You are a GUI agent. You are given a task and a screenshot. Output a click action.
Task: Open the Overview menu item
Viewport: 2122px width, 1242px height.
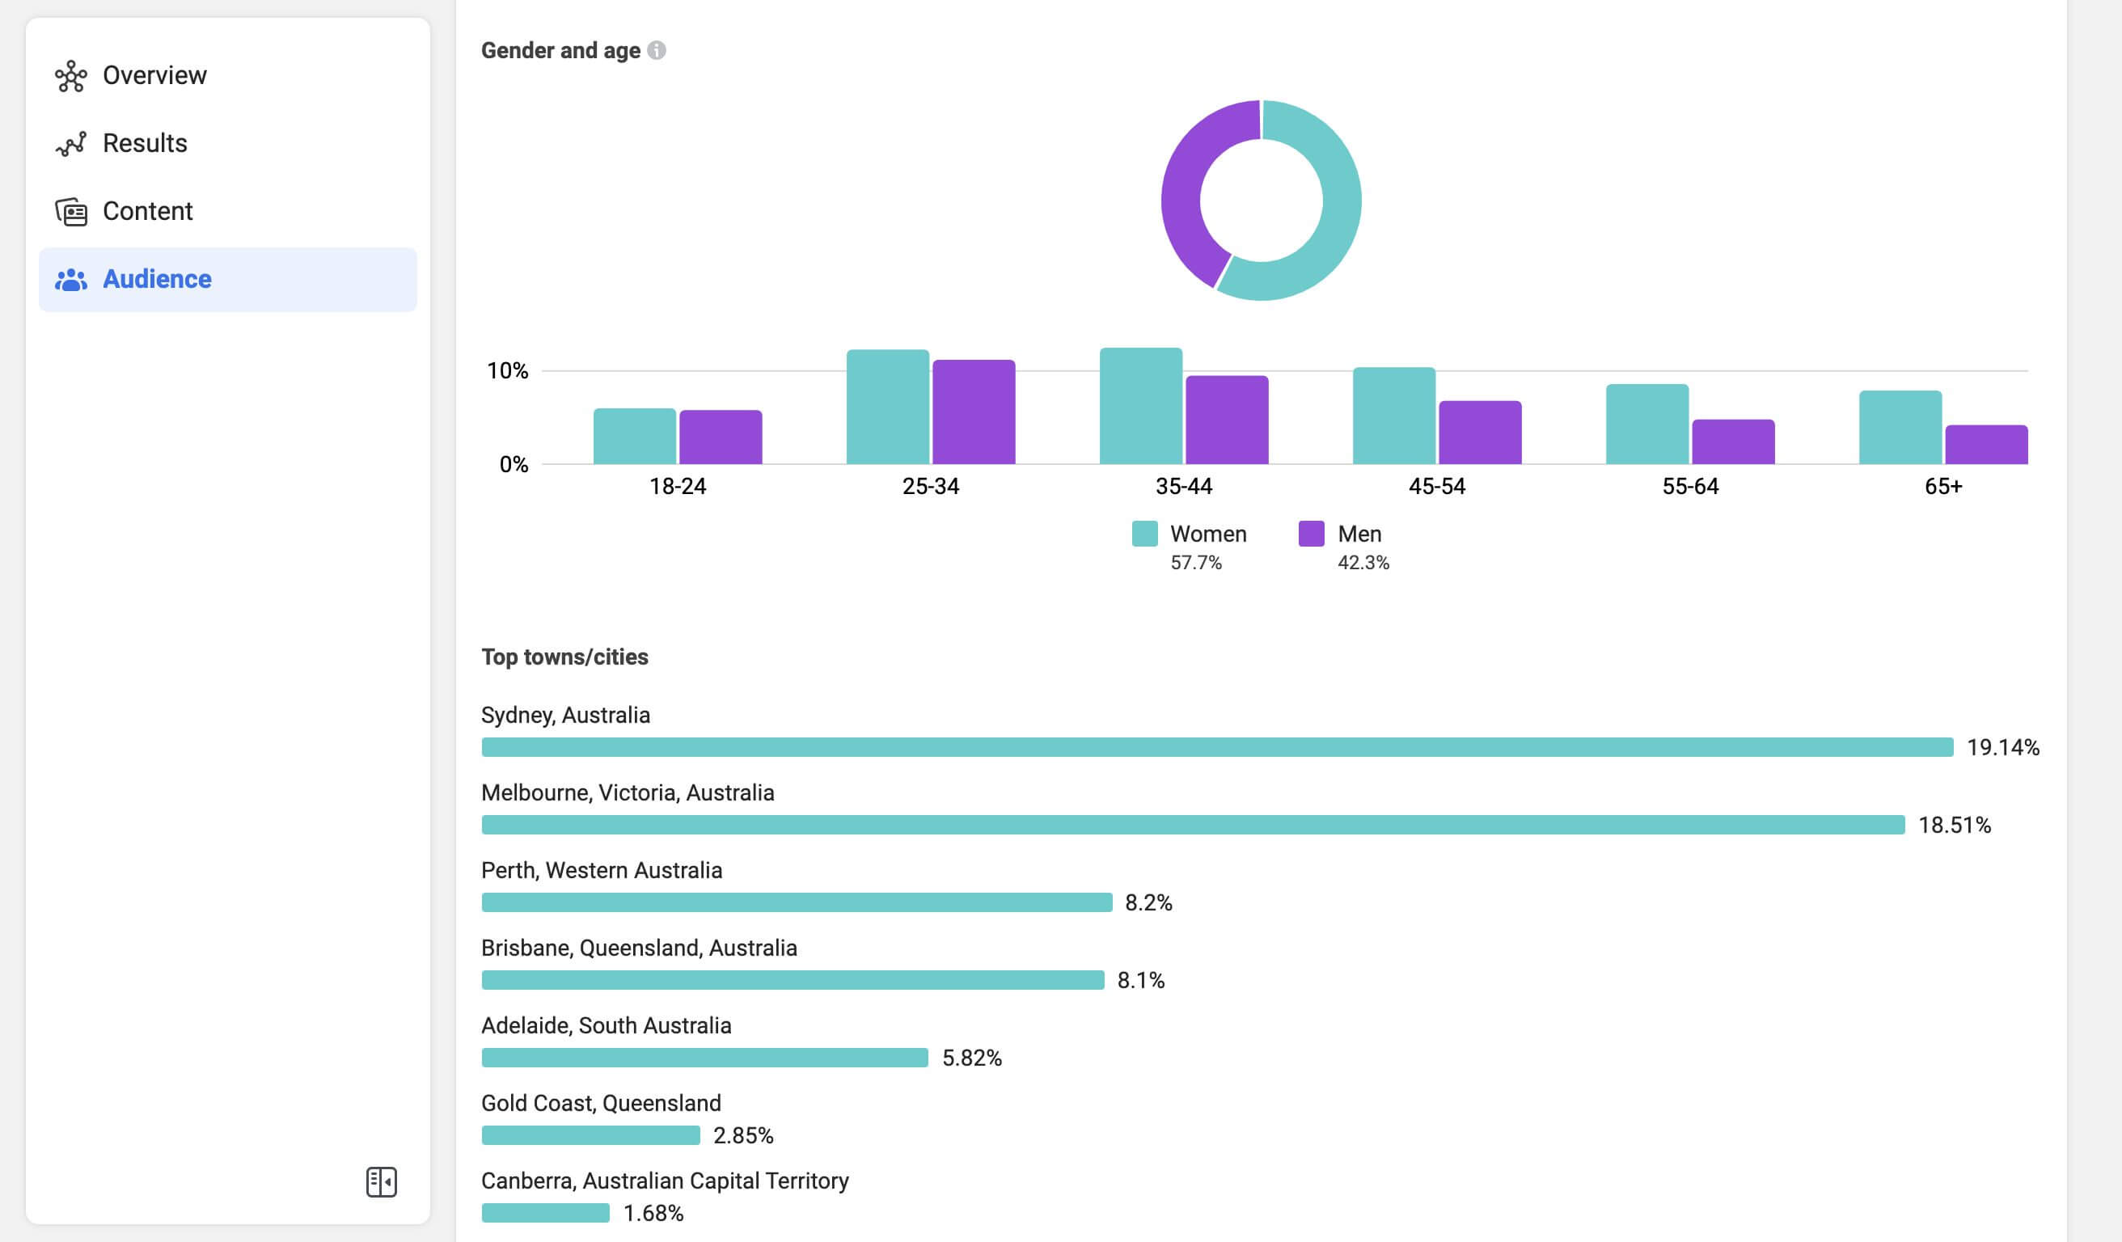coord(154,76)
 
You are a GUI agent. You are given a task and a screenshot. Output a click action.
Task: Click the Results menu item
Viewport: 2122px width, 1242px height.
coord(145,143)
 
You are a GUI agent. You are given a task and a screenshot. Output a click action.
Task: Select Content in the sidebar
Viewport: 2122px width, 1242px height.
coord(147,211)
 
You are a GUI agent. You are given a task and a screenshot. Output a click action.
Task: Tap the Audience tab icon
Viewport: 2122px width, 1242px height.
coord(70,280)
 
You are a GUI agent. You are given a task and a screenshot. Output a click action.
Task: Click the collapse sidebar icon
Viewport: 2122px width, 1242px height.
coord(382,1181)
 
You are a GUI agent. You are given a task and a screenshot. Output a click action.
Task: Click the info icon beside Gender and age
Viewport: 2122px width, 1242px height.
coord(657,50)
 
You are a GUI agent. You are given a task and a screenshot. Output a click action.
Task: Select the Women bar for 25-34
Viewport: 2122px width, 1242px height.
coord(887,407)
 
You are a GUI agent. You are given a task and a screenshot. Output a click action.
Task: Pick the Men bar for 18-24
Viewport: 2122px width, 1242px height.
coord(721,437)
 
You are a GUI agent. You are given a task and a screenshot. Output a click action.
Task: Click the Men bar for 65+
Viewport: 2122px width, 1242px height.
coord(1985,445)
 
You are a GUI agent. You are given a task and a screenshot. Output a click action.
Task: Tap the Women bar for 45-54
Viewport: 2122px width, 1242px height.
coord(1393,415)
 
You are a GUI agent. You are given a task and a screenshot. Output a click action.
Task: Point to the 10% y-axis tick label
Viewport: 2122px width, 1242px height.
coord(508,371)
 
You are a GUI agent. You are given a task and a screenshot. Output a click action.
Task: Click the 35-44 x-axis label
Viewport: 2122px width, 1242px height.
coord(1183,487)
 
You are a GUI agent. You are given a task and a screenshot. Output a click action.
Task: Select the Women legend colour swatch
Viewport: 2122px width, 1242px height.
coord(1144,534)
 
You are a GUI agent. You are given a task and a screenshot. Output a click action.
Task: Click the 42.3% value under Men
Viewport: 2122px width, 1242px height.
coord(1363,563)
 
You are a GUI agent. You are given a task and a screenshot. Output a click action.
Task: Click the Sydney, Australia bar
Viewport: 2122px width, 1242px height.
coord(1217,747)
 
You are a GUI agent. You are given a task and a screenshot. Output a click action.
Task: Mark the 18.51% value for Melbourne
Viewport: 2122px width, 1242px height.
coord(1955,826)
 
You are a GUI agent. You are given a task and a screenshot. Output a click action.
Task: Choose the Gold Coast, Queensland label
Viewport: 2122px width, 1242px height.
coord(601,1103)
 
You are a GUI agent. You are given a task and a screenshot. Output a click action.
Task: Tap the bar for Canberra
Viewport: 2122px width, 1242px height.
coord(546,1213)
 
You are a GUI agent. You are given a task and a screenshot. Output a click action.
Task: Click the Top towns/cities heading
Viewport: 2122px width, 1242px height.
coord(564,657)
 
